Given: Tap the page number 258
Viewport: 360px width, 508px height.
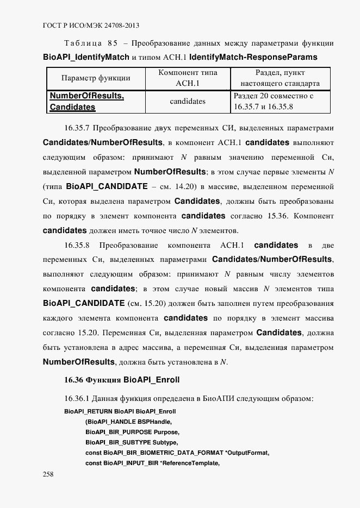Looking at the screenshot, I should (x=48, y=474).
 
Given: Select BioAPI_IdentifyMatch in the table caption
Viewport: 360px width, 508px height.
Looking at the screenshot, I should (x=86, y=57).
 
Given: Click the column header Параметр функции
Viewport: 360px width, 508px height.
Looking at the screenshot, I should (x=95, y=78).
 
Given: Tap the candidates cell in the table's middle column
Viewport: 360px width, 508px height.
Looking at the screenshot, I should (x=187, y=101).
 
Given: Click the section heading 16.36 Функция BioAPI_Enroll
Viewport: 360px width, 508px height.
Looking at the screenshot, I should (x=122, y=379).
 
